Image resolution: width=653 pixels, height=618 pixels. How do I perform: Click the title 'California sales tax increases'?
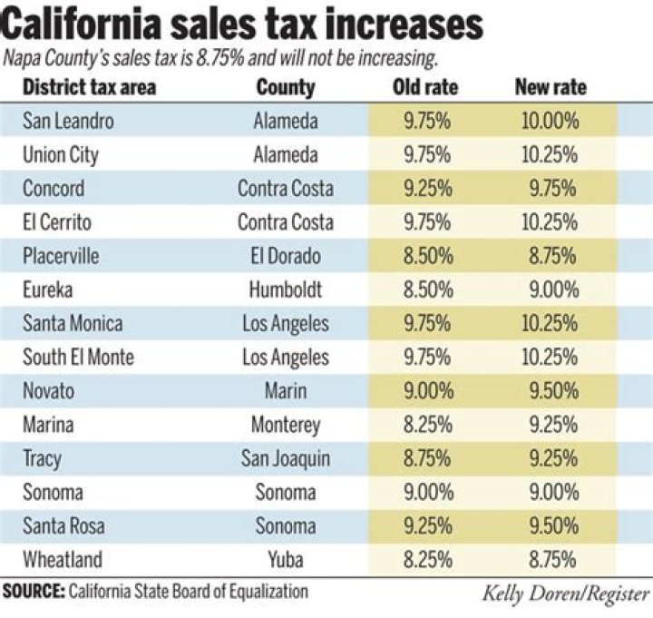244,25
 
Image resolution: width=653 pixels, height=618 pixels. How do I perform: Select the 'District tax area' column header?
89,88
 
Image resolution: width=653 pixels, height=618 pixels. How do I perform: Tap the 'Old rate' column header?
425,88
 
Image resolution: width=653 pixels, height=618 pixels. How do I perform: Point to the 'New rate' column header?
551,88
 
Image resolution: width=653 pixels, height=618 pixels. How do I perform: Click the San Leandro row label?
69,121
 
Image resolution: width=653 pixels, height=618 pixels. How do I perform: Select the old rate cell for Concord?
425,189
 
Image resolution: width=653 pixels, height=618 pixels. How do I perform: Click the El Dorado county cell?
286,256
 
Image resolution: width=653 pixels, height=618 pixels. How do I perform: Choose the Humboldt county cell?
286,289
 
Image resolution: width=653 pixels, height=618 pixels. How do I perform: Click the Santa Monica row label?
73,323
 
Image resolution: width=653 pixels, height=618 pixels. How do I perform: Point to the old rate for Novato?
425,390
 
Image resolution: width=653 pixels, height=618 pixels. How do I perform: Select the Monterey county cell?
286,424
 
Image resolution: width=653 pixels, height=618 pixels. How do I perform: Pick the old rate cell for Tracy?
425,458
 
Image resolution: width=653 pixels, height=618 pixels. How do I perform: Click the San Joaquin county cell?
286,458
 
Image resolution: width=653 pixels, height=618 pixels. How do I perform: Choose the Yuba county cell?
286,559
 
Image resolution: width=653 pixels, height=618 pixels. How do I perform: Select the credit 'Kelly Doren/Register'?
565,595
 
